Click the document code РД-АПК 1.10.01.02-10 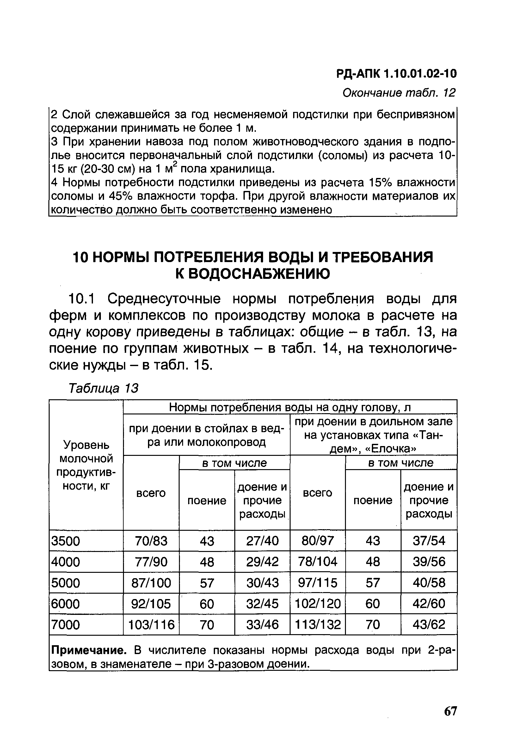(396, 74)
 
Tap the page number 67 (450, 712)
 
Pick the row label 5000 (66, 583)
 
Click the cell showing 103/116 (151, 625)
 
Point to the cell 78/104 (318, 562)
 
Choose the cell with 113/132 (318, 625)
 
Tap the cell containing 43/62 (429, 625)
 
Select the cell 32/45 (262, 604)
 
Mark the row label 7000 (66, 625)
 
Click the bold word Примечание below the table (89, 650)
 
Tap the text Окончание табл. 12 (399, 93)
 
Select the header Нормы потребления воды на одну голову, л (290, 407)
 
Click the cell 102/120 (318, 604)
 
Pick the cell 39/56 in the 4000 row (429, 562)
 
